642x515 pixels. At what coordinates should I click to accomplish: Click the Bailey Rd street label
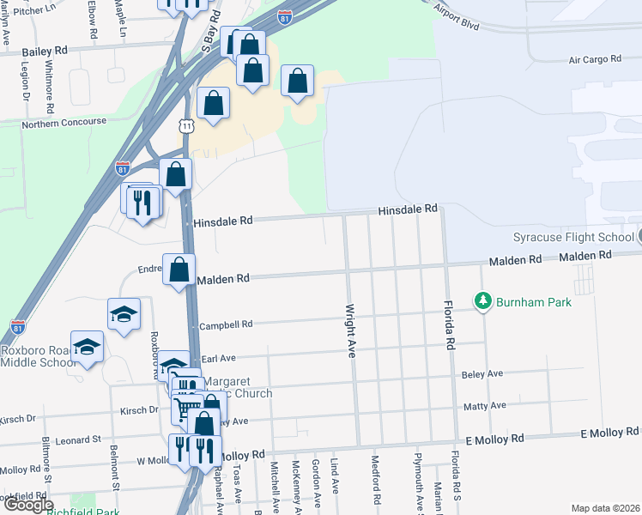[44, 51]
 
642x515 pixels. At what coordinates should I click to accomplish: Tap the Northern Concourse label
[64, 122]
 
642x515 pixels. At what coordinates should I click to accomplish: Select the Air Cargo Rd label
[594, 59]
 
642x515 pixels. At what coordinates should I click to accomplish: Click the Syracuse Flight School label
[572, 237]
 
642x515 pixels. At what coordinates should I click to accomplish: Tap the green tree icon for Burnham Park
[483, 301]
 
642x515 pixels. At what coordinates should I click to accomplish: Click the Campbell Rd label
[226, 325]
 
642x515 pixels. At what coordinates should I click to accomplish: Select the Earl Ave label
[218, 358]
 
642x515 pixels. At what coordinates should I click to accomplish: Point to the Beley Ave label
[482, 374]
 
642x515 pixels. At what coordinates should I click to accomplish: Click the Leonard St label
[78, 440]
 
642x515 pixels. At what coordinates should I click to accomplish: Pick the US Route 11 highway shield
[187, 126]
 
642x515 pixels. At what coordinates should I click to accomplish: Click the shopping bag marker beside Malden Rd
[179, 270]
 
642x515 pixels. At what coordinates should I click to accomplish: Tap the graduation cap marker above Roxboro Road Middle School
[87, 347]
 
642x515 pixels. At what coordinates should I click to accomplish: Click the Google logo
[28, 505]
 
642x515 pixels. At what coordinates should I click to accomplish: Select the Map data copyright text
[604, 508]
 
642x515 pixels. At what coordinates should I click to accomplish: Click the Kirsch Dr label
[19, 419]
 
